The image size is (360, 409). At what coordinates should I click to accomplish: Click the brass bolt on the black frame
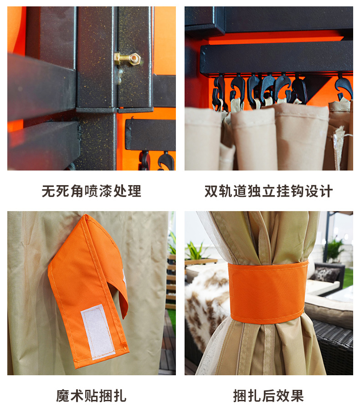click(127, 58)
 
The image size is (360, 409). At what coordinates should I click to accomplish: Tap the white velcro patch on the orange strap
click(97, 331)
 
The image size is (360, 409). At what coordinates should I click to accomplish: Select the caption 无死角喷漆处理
click(91, 191)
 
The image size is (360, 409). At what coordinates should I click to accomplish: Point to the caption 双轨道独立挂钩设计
click(268, 191)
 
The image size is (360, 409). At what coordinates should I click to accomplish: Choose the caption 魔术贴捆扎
click(91, 396)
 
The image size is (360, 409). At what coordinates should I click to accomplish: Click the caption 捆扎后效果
click(268, 396)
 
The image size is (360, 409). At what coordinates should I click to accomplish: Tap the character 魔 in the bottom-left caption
click(63, 396)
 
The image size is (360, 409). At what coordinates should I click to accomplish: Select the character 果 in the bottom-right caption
click(297, 396)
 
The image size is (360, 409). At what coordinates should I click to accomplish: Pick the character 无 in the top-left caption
click(48, 191)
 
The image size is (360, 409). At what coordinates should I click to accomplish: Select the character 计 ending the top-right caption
click(326, 191)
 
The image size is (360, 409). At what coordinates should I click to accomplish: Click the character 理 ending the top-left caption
click(134, 191)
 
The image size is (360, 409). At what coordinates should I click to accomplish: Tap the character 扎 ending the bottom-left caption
click(120, 396)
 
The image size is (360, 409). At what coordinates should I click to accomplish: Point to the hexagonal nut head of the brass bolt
click(134, 58)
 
